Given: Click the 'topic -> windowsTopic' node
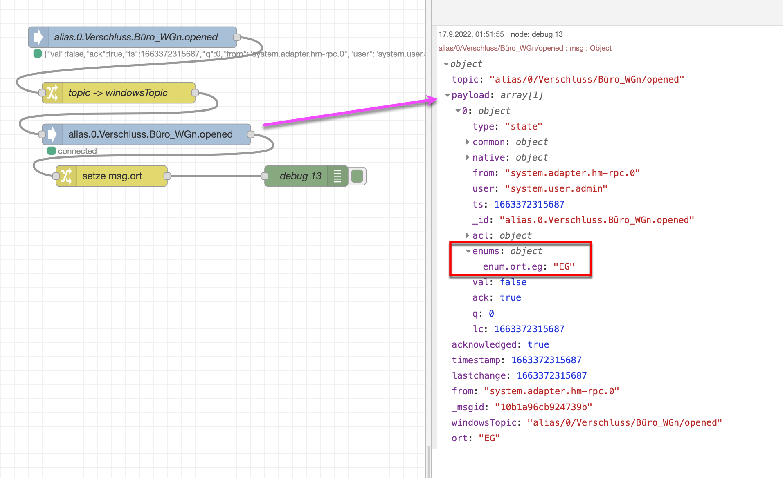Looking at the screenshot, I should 118,93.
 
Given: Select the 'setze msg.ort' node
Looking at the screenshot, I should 112,176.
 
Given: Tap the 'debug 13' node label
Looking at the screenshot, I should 300,176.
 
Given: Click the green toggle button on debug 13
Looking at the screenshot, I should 357,176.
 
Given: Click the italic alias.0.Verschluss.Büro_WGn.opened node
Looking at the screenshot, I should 136,37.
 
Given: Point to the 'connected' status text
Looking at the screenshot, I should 77,151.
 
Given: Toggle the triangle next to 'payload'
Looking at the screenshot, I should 447,95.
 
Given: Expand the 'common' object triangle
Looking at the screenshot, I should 468,142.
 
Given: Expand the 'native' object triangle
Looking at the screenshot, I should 468,157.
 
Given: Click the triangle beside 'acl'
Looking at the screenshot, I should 468,235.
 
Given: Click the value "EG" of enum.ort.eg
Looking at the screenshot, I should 564,267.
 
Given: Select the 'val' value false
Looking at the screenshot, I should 513,282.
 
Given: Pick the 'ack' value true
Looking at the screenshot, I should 510,298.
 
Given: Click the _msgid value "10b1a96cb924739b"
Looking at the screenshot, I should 543,407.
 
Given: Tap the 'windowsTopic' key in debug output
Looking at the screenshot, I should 484,422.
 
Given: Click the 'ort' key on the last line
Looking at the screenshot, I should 459,438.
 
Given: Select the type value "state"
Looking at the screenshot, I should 524,127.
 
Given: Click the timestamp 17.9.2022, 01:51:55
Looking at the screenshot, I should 471,34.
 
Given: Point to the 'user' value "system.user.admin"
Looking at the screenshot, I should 556,189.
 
